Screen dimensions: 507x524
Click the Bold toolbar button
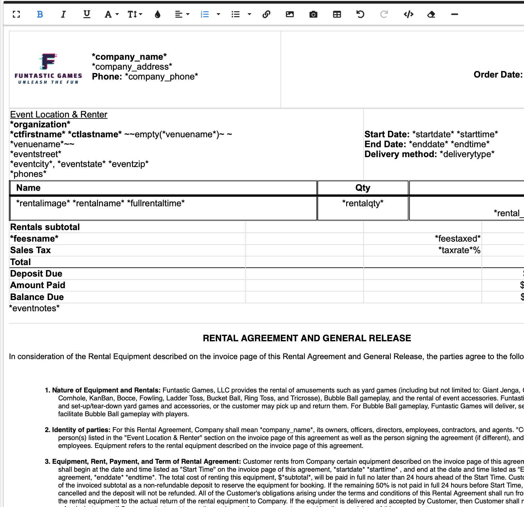(40, 14)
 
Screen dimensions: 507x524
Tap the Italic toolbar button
(63, 14)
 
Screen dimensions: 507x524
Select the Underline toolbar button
(87, 14)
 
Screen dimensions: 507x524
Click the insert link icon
(266, 14)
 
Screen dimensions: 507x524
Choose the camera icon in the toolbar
(313, 14)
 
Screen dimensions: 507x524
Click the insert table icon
(337, 14)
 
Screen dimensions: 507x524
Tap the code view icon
(409, 14)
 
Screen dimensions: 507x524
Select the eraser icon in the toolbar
(431, 14)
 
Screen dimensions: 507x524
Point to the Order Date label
(498, 75)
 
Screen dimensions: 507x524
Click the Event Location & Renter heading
(59, 115)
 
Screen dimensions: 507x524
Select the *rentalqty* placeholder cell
(363, 203)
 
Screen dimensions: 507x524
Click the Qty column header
(363, 188)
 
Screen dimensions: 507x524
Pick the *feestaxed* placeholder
(457, 239)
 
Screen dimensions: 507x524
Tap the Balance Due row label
(37, 297)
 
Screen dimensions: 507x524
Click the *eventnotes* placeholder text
(35, 308)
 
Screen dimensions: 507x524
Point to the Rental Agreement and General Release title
(307, 338)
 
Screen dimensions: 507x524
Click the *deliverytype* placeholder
(467, 154)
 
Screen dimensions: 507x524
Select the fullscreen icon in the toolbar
(16, 14)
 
